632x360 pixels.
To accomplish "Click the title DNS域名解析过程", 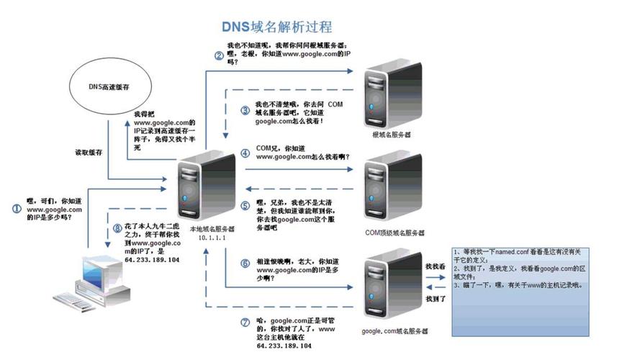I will [x=276, y=27].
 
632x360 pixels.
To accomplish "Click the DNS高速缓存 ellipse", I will [x=108, y=87].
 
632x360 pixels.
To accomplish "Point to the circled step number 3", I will [x=245, y=110].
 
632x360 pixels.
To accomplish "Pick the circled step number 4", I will [x=245, y=153].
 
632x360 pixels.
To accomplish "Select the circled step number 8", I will [x=119, y=230].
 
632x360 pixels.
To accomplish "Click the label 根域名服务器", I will [x=392, y=134].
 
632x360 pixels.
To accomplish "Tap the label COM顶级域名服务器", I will [x=394, y=233].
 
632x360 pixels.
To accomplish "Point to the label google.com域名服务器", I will [x=395, y=331].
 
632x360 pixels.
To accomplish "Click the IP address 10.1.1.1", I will [x=208, y=237].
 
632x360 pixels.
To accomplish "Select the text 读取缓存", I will [x=89, y=153].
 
